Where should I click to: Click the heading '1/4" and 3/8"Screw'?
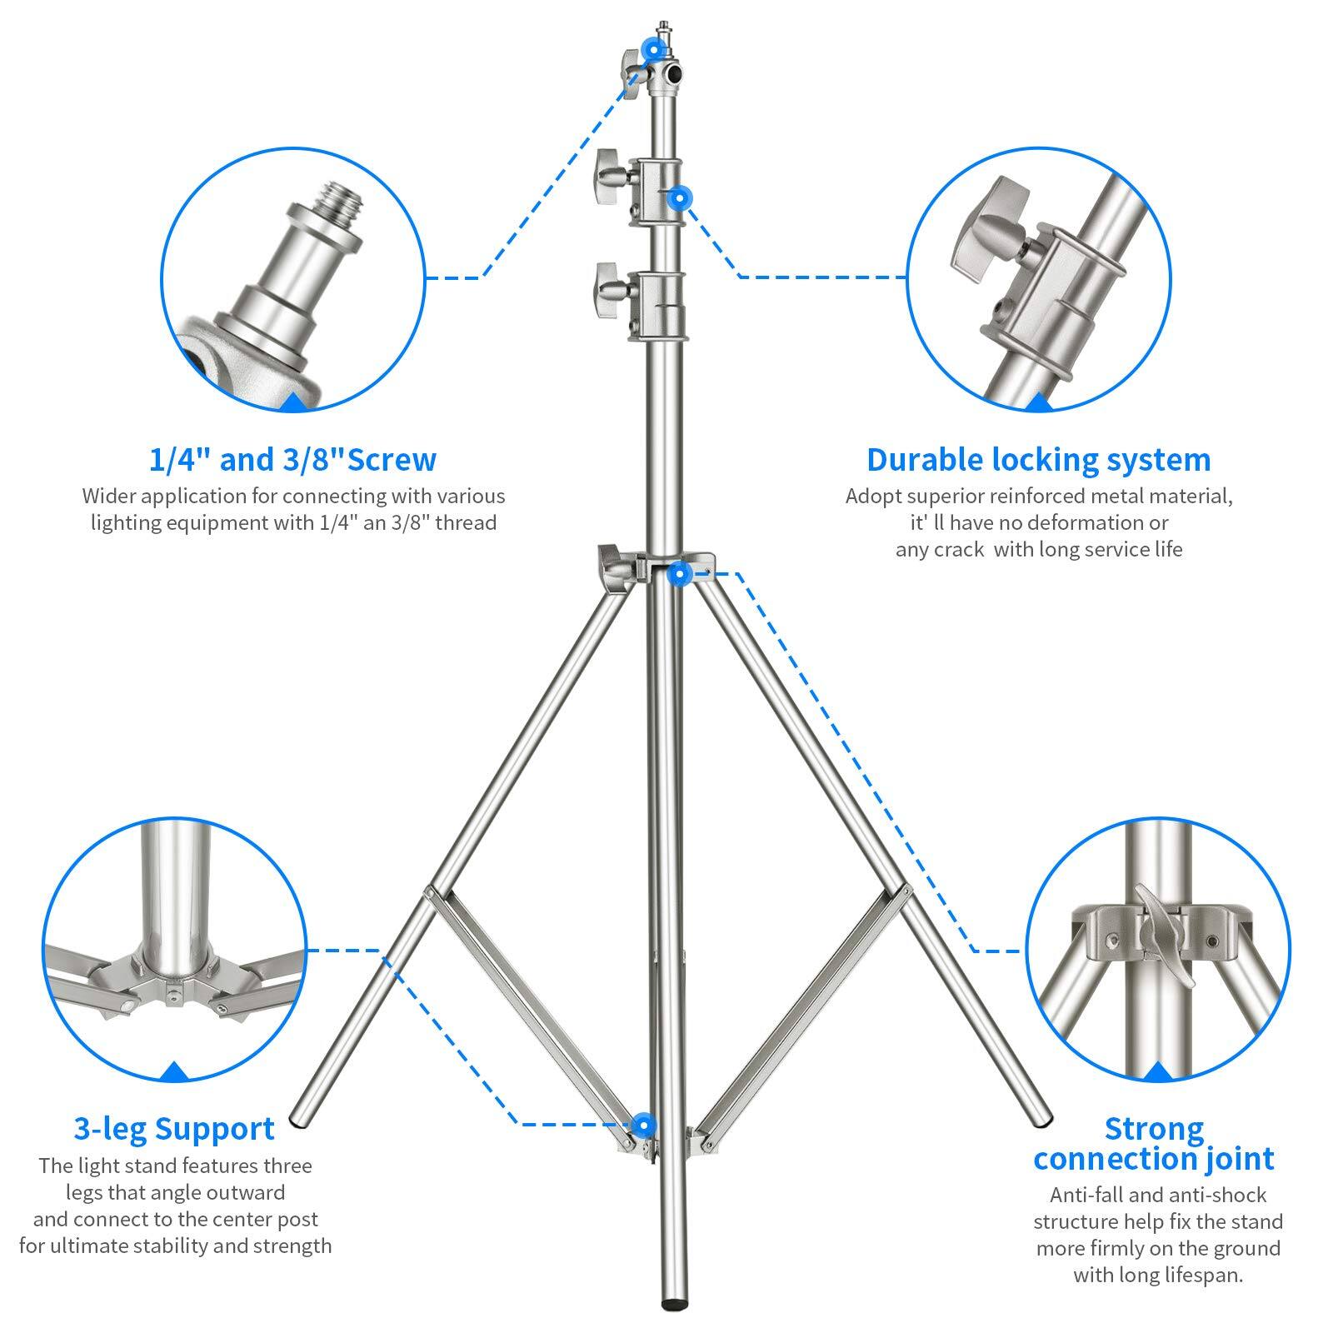pyautogui.click(x=292, y=460)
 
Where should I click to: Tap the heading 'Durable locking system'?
pyautogui.click(x=1038, y=460)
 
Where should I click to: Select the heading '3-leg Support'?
pyautogui.click(x=174, y=1129)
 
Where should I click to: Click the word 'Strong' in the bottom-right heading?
pyautogui.click(x=1154, y=1129)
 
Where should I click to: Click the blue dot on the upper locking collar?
pyautogui.click(x=681, y=198)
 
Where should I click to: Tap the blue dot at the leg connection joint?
pyautogui.click(x=680, y=572)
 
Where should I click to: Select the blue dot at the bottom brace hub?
pyautogui.click(x=642, y=1126)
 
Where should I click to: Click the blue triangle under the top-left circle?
pyautogui.click(x=293, y=403)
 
